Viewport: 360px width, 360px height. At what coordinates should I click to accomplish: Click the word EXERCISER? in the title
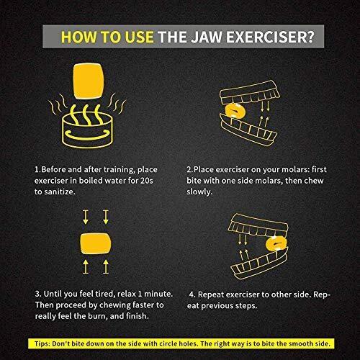point(270,37)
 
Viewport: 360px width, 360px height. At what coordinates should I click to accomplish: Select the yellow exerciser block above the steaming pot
point(89,81)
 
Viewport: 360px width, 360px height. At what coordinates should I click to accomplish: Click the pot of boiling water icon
point(87,130)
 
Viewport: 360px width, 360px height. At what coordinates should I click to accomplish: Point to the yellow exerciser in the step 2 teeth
point(235,111)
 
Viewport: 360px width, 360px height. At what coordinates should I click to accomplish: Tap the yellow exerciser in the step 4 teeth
point(276,243)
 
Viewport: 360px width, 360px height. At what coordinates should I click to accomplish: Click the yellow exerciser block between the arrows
point(96,243)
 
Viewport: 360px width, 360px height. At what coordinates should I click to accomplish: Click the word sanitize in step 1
point(59,192)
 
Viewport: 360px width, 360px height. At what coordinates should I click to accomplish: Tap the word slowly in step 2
point(199,192)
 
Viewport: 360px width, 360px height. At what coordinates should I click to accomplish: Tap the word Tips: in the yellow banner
point(42,343)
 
